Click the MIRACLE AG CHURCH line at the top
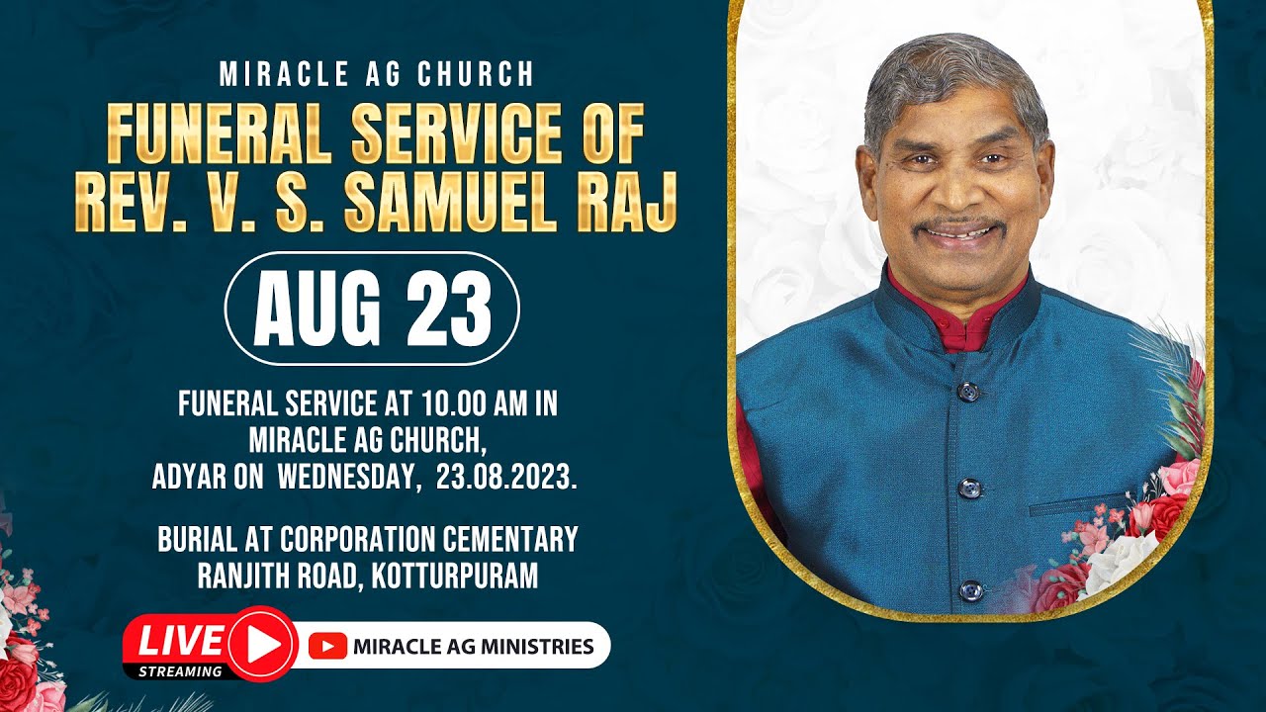click(377, 74)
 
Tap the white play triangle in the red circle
click(263, 645)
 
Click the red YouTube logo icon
click(327, 647)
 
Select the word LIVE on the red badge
click(180, 641)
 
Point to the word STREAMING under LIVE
click(180, 671)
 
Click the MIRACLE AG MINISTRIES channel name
click(473, 648)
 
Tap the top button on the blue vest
click(968, 391)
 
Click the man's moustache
click(957, 224)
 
